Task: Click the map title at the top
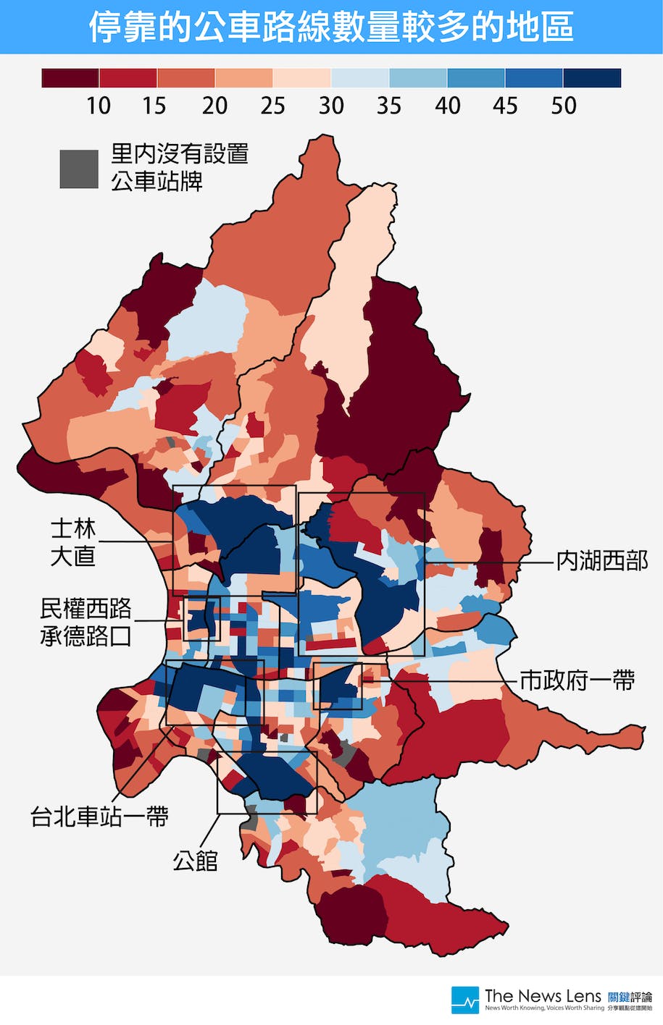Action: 331,27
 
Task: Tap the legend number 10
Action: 98,106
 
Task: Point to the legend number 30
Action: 330,106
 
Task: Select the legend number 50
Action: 563,106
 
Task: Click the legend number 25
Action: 272,106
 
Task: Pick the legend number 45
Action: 505,106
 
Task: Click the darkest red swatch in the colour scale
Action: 70,78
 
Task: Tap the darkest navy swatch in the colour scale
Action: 592,78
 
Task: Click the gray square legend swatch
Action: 78,169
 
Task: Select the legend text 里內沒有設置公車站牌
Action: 179,167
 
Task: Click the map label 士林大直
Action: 72,541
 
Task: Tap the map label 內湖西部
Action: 601,560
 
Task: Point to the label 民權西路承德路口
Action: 86,622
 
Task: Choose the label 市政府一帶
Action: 577,680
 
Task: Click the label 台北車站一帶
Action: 99,817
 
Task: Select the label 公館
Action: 195,861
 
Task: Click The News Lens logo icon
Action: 464,1000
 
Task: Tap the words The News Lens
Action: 542,995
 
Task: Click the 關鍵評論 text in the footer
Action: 630,997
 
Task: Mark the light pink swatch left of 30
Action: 302,78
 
